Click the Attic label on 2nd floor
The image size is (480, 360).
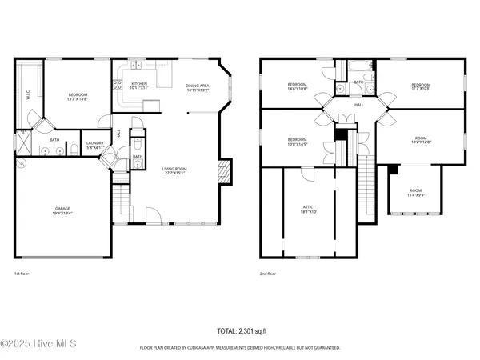[309, 210]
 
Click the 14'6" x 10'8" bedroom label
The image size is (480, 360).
[298, 86]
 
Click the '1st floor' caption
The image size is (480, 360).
[22, 274]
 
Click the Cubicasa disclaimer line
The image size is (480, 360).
[240, 348]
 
